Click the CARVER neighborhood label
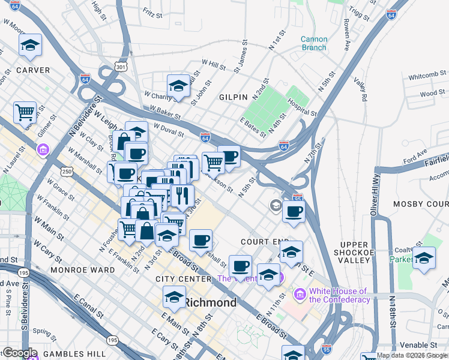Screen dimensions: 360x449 (33, 70)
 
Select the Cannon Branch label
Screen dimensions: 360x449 (314, 43)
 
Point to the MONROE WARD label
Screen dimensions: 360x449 (83, 270)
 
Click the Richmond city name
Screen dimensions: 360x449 (210, 302)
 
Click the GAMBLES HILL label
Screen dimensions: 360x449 (60, 354)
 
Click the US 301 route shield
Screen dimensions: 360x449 (121, 66)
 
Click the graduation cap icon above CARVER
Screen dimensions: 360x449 (30, 46)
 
